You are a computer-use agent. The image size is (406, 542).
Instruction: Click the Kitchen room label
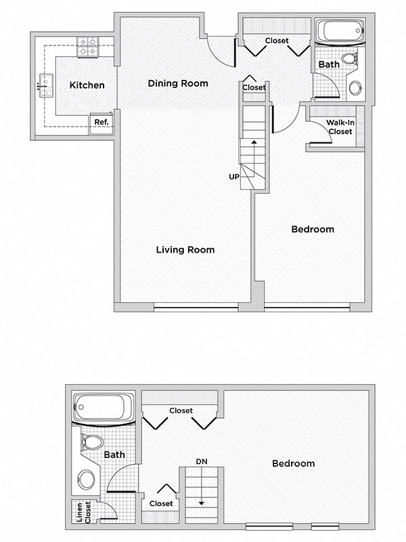pyautogui.click(x=87, y=85)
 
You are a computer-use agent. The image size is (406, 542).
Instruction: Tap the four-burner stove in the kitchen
pyautogui.click(x=87, y=46)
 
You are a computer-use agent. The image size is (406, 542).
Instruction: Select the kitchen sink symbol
pyautogui.click(x=45, y=86)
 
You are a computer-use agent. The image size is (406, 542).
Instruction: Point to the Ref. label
pyautogui.click(x=101, y=123)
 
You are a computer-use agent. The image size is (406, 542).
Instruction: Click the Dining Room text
pyautogui.click(x=178, y=83)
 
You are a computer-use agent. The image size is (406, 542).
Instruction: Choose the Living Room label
pyautogui.click(x=185, y=250)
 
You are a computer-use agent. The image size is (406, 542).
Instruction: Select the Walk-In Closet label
pyautogui.click(x=339, y=127)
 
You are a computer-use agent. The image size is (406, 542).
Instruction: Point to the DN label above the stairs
pyautogui.click(x=201, y=461)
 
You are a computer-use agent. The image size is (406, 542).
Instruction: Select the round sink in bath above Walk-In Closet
pyautogui.click(x=355, y=87)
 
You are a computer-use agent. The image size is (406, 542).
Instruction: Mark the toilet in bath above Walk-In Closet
pyautogui.click(x=349, y=59)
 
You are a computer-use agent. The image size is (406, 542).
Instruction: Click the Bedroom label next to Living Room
pyautogui.click(x=312, y=229)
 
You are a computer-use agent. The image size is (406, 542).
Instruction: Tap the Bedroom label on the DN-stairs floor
pyautogui.click(x=293, y=463)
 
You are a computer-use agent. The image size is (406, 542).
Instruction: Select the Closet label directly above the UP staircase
pyautogui.click(x=254, y=87)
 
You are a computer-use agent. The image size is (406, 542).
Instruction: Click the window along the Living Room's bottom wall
pyautogui.click(x=196, y=308)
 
